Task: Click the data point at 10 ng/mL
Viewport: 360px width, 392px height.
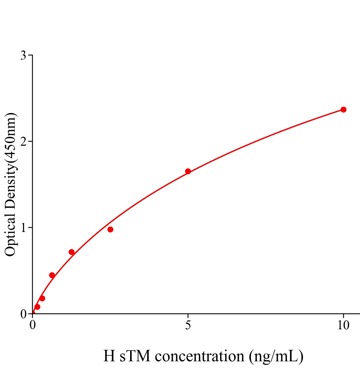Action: (343, 109)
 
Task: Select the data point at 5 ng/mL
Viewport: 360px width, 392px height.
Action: (188, 171)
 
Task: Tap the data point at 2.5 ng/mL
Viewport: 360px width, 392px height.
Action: (110, 229)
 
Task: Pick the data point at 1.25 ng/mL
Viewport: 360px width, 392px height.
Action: (71, 252)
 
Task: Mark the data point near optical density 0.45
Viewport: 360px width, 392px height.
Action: (52, 275)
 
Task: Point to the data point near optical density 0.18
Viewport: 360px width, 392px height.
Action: (42, 298)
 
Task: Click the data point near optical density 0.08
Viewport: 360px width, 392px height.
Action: (37, 307)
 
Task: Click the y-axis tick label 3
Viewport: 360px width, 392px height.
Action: (23, 56)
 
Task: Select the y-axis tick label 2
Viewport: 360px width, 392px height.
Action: (23, 141)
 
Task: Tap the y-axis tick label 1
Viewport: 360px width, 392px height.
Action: (23, 228)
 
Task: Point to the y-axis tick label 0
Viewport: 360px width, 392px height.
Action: (23, 314)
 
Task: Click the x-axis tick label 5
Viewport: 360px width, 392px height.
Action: (188, 325)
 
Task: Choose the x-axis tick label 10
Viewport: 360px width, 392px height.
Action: (343, 325)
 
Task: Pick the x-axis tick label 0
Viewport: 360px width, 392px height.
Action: (33, 325)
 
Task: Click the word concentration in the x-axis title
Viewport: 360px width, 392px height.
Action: (200, 356)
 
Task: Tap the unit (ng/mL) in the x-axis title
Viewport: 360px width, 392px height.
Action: (276, 356)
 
